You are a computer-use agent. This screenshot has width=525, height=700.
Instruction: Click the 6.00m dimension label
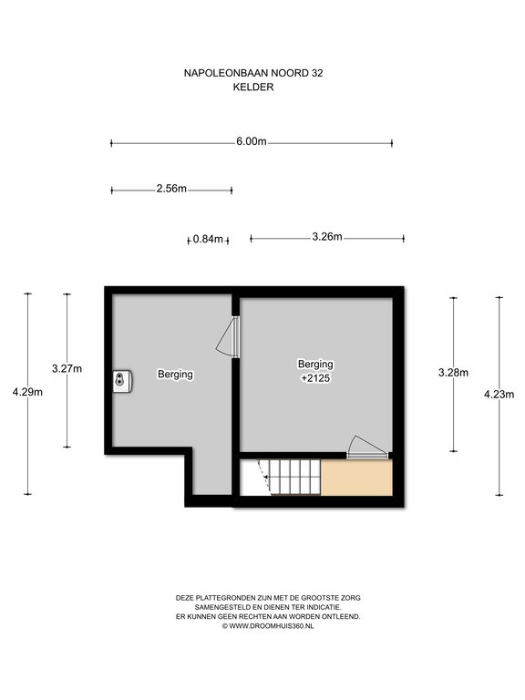click(x=252, y=141)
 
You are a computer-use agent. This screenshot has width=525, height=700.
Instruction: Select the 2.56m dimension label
click(x=171, y=189)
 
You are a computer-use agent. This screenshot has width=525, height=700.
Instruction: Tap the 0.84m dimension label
click(x=208, y=240)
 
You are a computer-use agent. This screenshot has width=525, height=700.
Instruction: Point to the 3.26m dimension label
click(x=327, y=237)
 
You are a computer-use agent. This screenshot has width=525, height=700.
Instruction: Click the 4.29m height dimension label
click(x=27, y=392)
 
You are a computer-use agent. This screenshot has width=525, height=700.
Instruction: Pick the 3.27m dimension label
click(x=67, y=369)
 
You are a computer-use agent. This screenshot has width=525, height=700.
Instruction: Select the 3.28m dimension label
click(x=454, y=372)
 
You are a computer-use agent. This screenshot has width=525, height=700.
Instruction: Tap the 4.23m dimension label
click(x=499, y=394)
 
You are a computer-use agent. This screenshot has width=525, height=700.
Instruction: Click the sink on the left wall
click(x=122, y=381)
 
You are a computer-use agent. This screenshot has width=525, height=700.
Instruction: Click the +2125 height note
click(x=315, y=378)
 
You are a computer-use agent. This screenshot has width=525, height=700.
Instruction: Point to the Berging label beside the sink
click(x=175, y=374)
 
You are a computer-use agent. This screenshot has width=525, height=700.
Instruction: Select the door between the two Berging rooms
click(x=229, y=336)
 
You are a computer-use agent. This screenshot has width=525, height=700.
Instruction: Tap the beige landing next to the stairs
click(x=356, y=478)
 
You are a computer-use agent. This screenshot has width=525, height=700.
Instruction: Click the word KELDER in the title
click(x=253, y=87)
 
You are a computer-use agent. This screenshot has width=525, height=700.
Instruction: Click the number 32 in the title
click(x=317, y=73)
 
